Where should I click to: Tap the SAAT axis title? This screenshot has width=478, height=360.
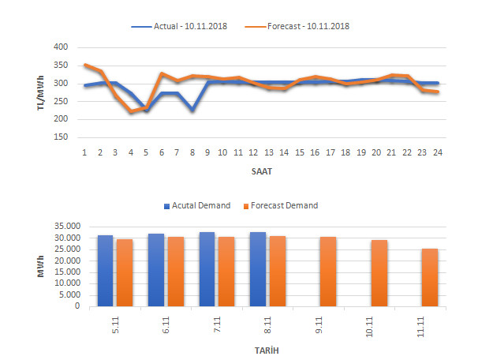click(261, 170)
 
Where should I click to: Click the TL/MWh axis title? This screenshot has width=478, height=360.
click(39, 92)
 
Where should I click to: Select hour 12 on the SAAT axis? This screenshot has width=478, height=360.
click(253, 152)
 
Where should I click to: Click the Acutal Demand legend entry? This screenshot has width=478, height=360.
click(196, 205)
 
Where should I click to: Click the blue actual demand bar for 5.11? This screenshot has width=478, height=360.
click(105, 271)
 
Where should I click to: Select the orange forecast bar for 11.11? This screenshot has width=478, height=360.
click(430, 277)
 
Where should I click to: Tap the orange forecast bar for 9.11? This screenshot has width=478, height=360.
click(328, 272)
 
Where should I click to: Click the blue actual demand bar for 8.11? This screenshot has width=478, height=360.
click(258, 269)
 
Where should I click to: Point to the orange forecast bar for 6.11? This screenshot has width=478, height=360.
click(175, 272)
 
